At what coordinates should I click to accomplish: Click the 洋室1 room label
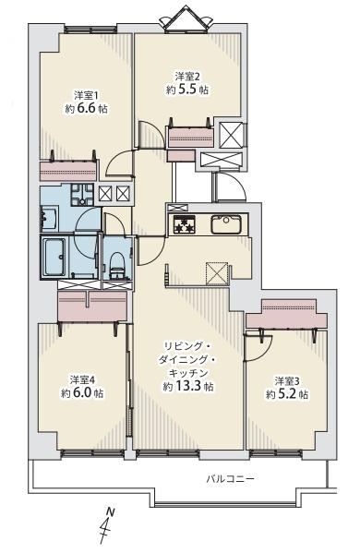tap(86, 96)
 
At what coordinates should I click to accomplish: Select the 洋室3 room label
tap(287, 381)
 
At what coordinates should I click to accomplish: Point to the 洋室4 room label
tap(82, 379)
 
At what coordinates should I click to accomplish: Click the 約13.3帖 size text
tap(188, 387)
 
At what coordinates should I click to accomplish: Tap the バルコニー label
tap(230, 479)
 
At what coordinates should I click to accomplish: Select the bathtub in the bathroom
tap(54, 256)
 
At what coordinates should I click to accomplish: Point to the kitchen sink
tap(226, 224)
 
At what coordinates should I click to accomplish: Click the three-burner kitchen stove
tap(184, 224)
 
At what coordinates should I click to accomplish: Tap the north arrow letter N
tap(112, 511)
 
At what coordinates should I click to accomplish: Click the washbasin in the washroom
tap(48, 220)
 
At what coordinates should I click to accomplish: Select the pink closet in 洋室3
tap(286, 314)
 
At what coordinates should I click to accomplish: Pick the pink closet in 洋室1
tap(68, 171)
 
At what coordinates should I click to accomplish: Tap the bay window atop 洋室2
tap(186, 19)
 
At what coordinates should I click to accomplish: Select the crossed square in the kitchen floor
tap(217, 273)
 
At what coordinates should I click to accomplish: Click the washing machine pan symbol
tap(82, 195)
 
